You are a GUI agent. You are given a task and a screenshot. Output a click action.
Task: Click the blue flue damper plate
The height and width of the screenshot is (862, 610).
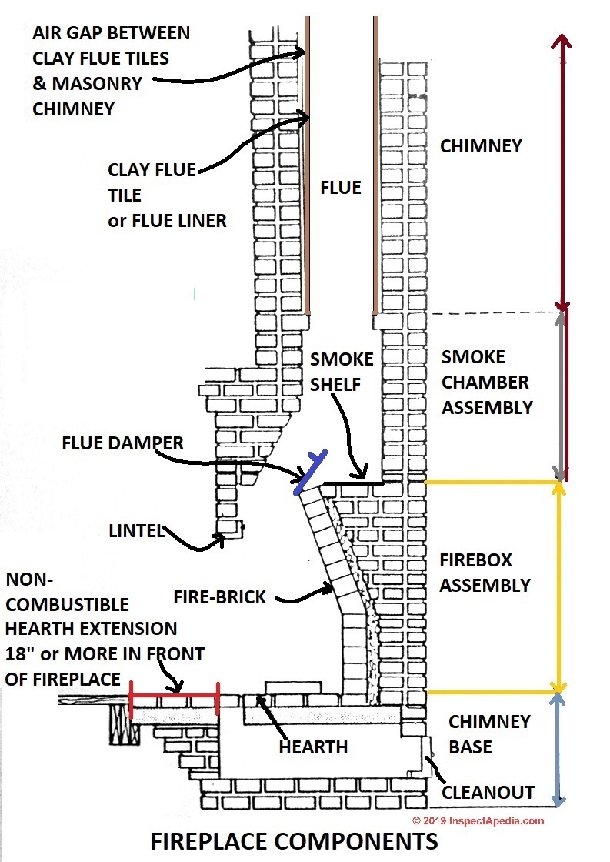(312, 471)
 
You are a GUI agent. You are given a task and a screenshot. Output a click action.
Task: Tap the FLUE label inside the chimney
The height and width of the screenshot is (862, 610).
(340, 188)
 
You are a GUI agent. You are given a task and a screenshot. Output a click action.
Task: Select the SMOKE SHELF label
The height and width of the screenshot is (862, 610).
(342, 371)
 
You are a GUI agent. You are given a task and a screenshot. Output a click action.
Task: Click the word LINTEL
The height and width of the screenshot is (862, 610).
(135, 530)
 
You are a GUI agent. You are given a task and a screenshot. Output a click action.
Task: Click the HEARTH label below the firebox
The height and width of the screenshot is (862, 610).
(313, 747)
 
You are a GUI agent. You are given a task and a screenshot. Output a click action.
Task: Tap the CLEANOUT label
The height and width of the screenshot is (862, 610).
(488, 792)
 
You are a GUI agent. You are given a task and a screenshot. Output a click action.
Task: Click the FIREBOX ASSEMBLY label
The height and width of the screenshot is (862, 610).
(485, 572)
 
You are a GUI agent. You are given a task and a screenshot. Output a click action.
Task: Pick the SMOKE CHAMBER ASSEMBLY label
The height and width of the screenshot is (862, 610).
(486, 383)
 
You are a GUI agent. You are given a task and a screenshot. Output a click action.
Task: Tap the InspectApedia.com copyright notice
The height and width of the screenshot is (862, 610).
(478, 820)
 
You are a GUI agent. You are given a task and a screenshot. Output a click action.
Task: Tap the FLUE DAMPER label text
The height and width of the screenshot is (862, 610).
(122, 443)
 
